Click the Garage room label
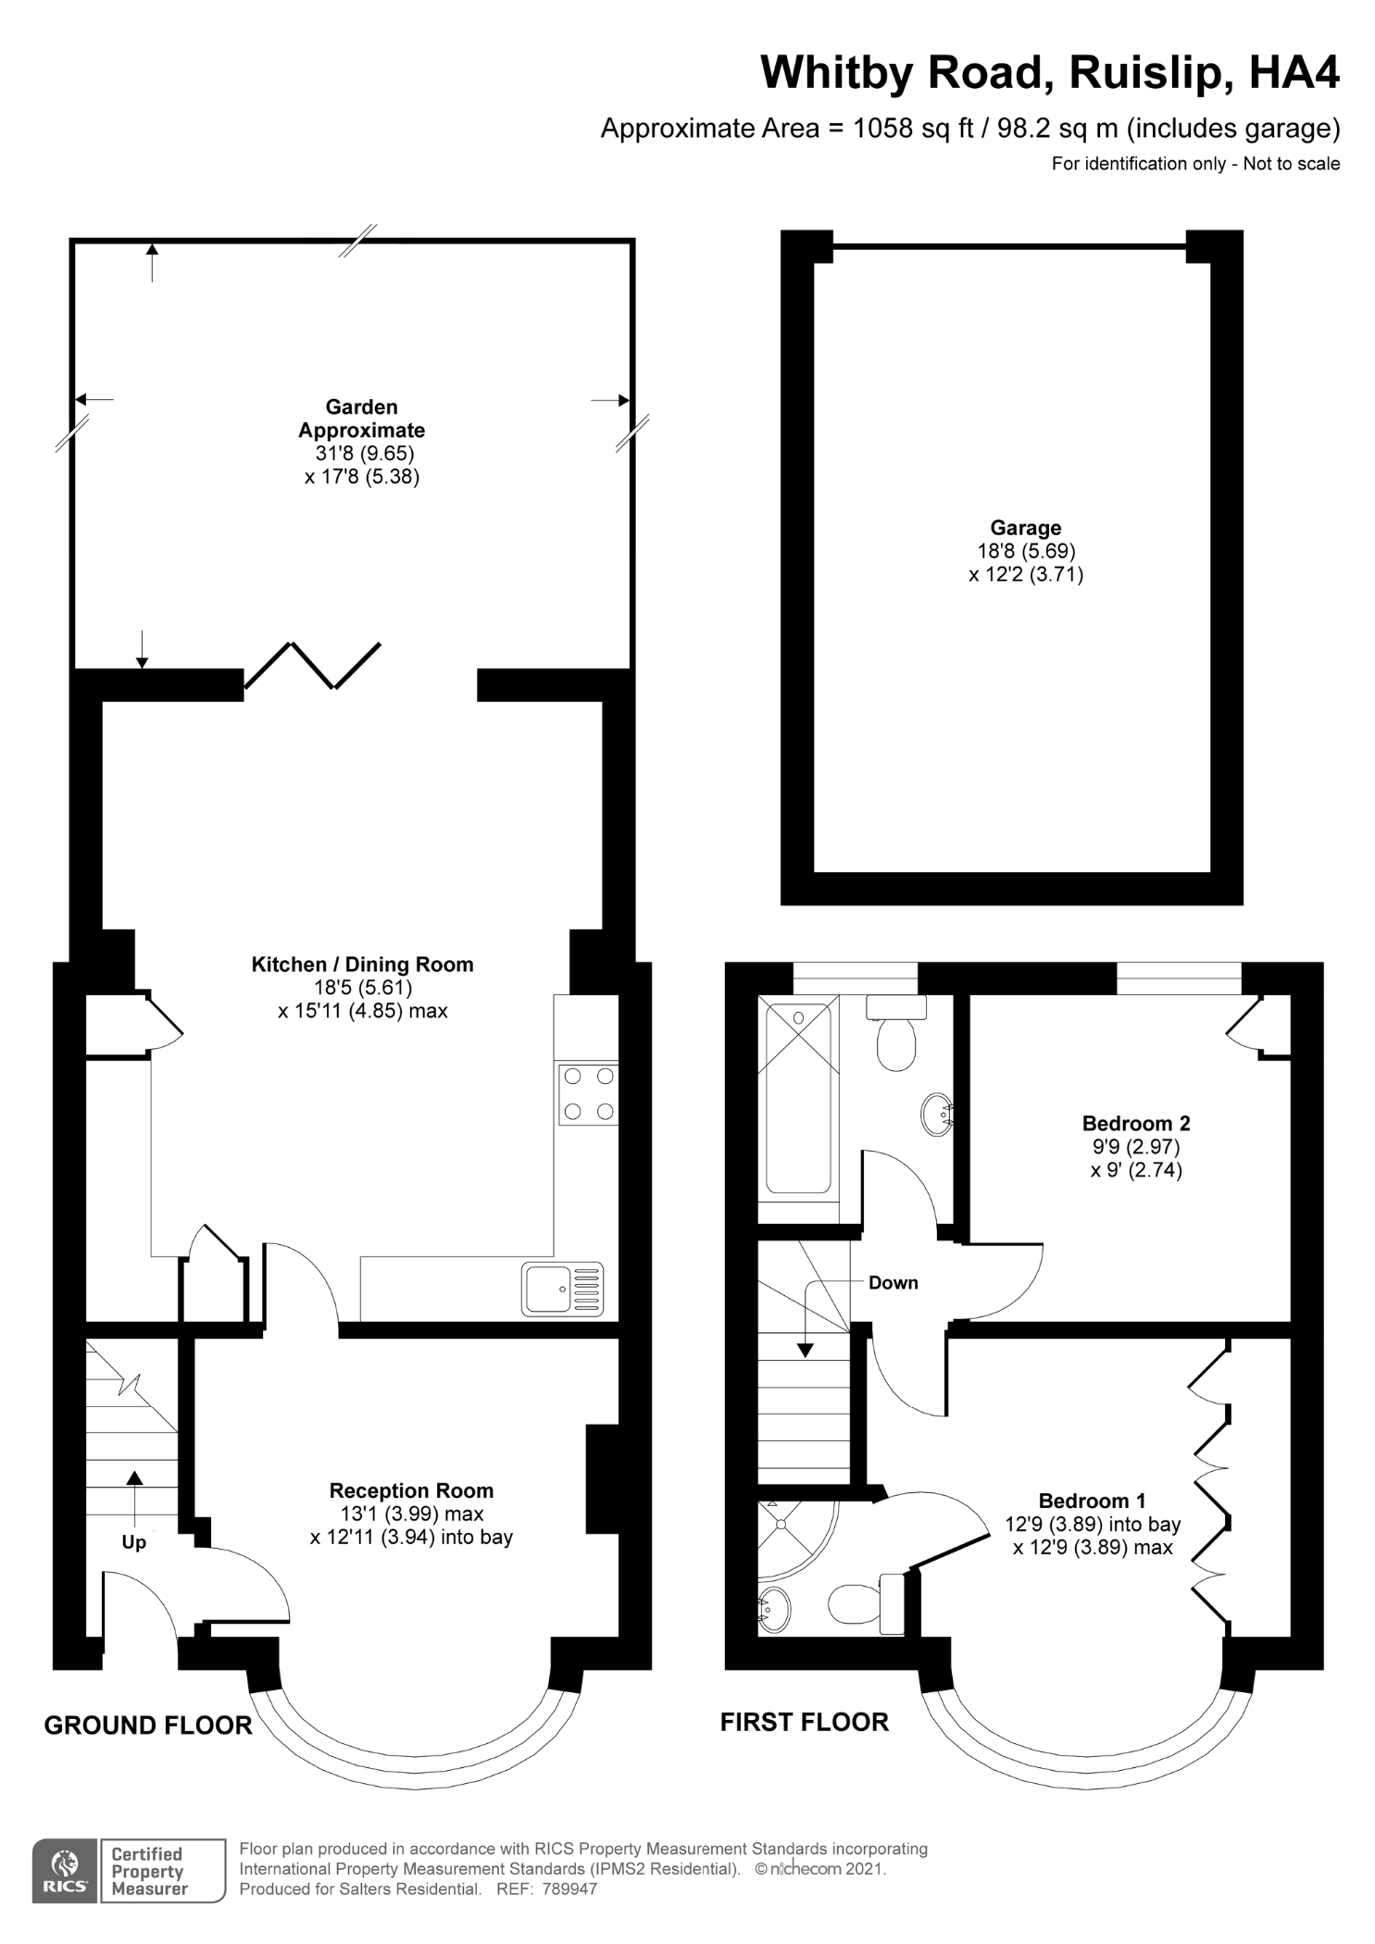(1025, 528)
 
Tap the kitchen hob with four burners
(588, 1093)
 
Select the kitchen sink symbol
(562, 1289)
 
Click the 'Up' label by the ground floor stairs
(133, 1542)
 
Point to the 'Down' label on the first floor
(893, 1282)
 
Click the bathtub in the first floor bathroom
(797, 1098)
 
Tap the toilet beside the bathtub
(895, 1037)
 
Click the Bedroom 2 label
(1136, 1123)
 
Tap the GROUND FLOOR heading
(148, 1726)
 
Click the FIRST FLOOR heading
(804, 1722)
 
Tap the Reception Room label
(411, 1490)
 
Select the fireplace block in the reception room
(602, 1478)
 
